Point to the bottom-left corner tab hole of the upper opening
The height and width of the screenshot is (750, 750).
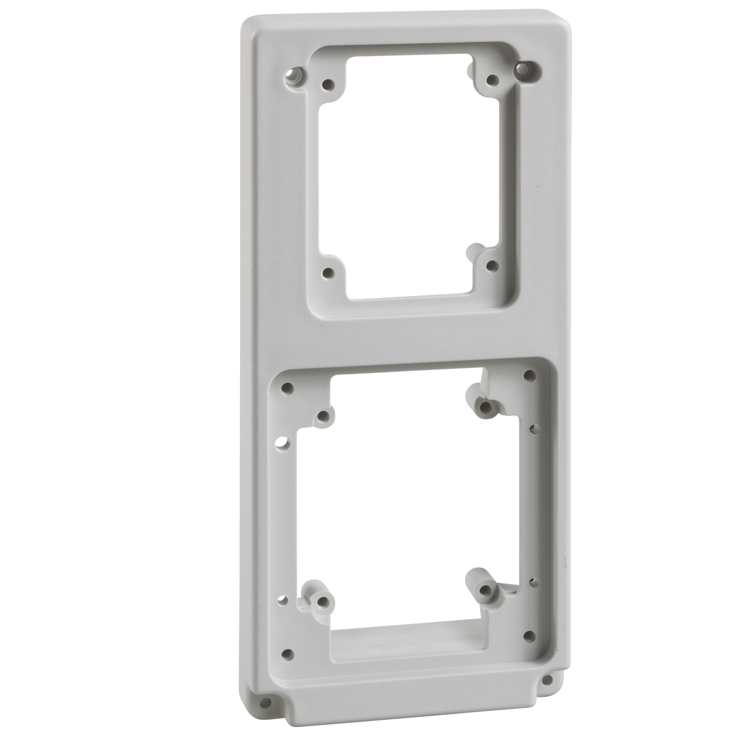pos(328,272)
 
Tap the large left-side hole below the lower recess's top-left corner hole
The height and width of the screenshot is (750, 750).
pos(282,443)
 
